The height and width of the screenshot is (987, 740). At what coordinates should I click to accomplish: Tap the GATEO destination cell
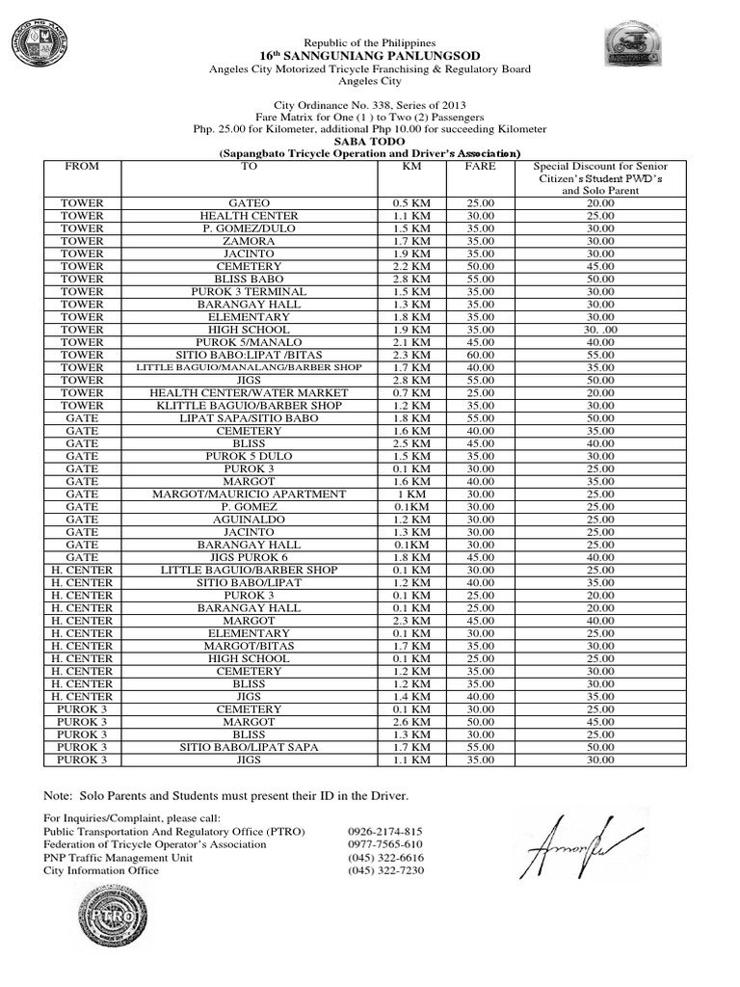pos(249,203)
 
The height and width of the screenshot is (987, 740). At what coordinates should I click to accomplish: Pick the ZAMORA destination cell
pos(249,241)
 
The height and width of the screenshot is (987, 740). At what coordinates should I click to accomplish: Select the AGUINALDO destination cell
pos(249,519)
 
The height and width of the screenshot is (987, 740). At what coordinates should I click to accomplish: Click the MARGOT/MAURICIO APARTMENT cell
pos(249,493)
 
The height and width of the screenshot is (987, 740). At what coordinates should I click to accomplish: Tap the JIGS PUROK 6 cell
pos(249,557)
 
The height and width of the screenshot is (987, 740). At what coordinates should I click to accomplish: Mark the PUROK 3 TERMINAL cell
pos(249,291)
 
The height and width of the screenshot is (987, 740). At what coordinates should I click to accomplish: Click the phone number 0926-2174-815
pos(385,831)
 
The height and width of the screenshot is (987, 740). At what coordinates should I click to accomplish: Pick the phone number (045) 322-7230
pos(385,870)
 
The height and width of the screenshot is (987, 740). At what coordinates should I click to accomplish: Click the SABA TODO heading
pos(370,141)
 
